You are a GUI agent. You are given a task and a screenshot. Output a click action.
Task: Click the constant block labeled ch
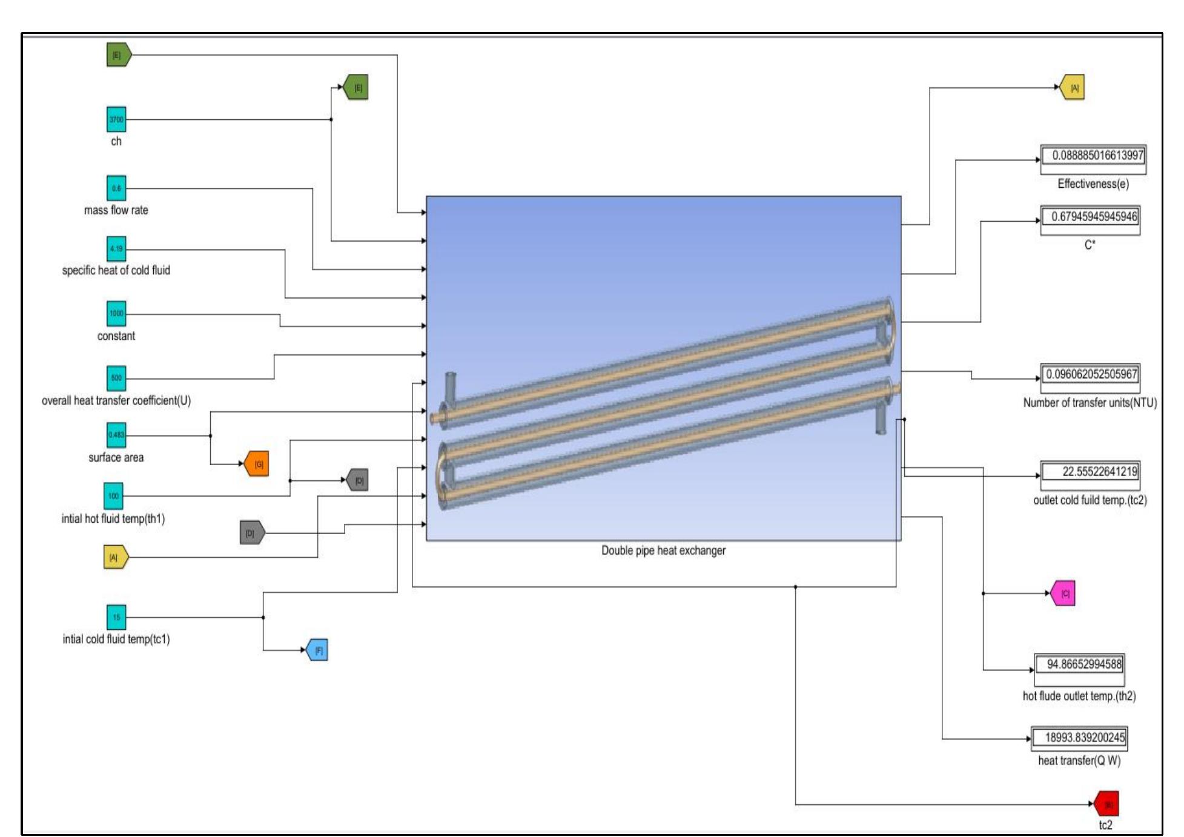(116, 119)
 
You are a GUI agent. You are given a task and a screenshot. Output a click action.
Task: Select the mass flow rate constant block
(116, 188)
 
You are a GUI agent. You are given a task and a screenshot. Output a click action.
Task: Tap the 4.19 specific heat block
(116, 249)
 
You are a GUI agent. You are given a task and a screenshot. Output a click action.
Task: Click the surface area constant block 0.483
(116, 435)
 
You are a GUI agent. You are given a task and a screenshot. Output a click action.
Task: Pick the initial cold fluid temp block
(116, 617)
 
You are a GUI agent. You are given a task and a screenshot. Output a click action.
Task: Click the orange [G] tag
(257, 464)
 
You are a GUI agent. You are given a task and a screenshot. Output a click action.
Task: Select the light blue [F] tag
(318, 650)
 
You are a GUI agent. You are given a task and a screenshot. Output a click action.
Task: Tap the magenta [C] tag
(1063, 594)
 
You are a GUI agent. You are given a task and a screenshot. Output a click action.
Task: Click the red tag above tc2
(1107, 804)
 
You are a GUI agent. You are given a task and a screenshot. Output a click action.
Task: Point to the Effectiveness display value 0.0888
(1093, 156)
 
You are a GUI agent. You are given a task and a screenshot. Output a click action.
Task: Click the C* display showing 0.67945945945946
(1090, 217)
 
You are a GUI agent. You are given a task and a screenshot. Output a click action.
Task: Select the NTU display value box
(1090, 374)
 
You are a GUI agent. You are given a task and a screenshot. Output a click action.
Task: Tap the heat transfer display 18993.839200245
(1079, 738)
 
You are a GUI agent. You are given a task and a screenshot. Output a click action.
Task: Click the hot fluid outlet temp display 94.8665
(1080, 664)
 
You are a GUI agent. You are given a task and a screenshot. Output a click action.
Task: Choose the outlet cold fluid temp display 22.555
(1090, 472)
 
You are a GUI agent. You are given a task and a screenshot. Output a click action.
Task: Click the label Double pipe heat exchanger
(663, 551)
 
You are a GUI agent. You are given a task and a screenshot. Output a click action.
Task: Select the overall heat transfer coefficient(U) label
(116, 401)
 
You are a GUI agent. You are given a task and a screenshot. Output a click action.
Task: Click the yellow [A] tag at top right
(1073, 88)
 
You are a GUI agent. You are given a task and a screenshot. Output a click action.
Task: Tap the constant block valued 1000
(116, 314)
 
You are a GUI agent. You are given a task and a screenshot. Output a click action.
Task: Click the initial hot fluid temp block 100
(113, 496)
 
